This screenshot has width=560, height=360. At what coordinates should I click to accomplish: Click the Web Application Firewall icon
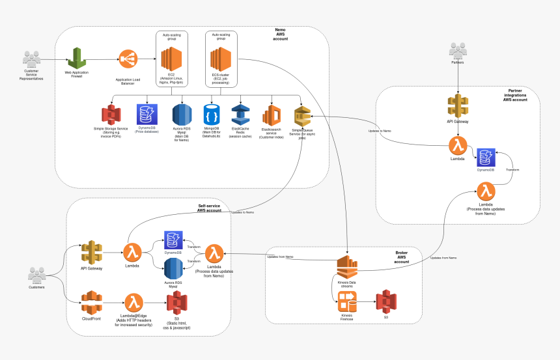click(x=77, y=59)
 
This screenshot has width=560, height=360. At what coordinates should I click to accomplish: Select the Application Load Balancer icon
click(x=128, y=61)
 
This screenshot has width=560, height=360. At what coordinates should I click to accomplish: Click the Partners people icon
click(x=458, y=49)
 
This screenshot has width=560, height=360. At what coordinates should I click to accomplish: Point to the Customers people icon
click(x=37, y=275)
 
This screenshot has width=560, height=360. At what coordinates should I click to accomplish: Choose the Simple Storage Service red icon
click(x=113, y=115)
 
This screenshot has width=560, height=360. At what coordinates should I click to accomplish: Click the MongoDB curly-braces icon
click(x=212, y=115)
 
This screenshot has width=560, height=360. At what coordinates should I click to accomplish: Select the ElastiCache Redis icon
click(x=241, y=115)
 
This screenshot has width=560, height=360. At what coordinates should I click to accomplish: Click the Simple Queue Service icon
click(x=302, y=117)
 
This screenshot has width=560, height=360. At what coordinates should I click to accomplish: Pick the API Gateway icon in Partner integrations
click(x=458, y=106)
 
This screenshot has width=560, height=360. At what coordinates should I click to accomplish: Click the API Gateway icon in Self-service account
click(x=92, y=252)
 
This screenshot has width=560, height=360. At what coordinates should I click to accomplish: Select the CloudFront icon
click(x=92, y=302)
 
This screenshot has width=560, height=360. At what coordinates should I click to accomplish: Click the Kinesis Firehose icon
click(x=346, y=301)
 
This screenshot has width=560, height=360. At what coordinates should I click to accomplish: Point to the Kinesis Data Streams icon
click(x=346, y=268)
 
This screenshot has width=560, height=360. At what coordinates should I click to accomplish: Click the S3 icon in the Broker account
click(x=385, y=301)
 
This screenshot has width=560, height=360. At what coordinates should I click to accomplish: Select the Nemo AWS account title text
click(x=280, y=34)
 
